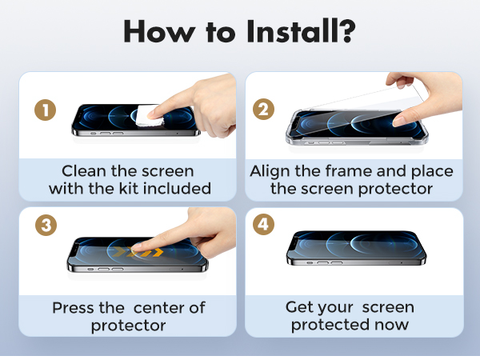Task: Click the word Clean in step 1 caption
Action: (x=84, y=171)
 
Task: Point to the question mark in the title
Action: (x=346, y=32)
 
